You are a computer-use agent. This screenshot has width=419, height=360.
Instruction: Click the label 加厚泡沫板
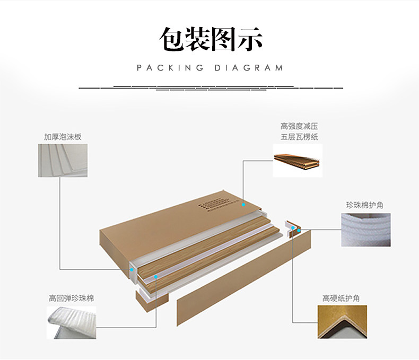coord(63,137)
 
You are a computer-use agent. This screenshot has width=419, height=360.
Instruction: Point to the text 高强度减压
coord(300,126)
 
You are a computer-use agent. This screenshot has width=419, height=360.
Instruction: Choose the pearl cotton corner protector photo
coord(366,230)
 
